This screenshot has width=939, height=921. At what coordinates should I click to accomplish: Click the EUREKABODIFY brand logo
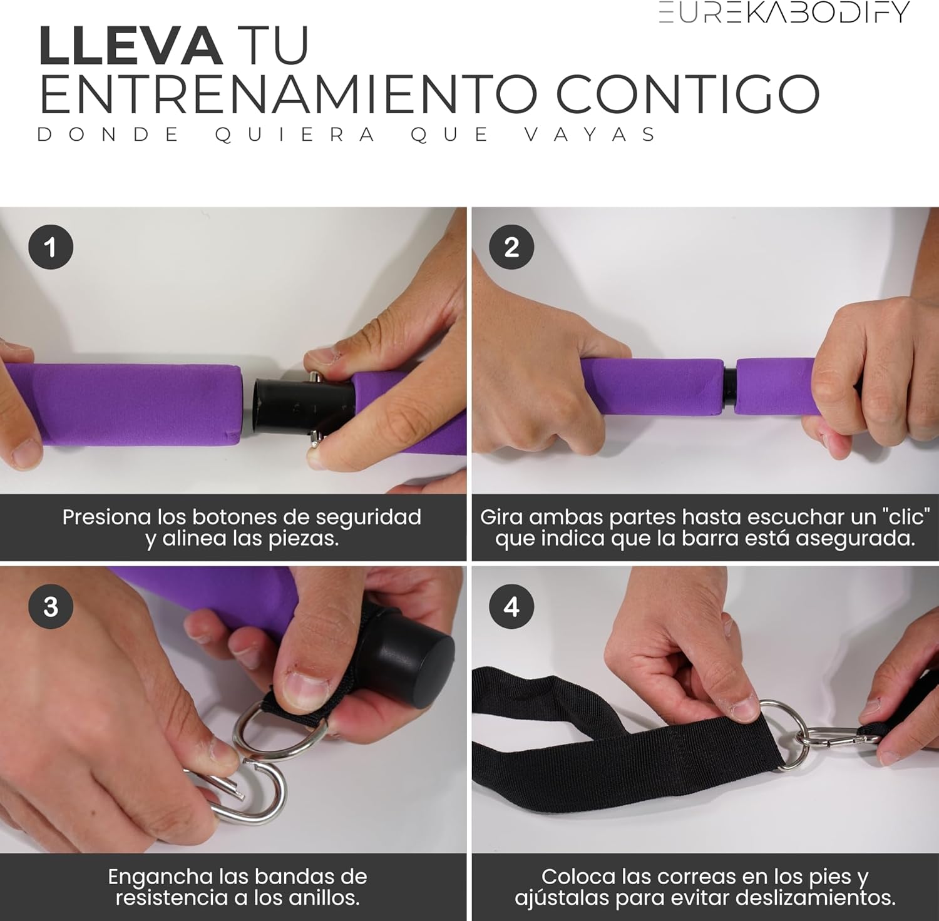point(784,12)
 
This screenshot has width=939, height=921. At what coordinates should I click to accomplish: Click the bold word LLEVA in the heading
point(130,46)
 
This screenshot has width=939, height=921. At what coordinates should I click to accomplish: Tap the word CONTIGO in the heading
point(687,94)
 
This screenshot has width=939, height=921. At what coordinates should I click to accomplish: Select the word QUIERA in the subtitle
point(294,135)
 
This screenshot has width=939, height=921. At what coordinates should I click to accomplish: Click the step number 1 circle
point(51,247)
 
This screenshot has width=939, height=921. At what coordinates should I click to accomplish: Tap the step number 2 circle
point(511,247)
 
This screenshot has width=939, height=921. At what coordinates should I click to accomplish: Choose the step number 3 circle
point(51,606)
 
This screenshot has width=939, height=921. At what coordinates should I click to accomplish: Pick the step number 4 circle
point(511,606)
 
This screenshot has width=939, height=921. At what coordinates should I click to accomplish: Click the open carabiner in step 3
point(244,792)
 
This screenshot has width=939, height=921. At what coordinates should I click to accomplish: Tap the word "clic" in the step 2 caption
point(905,517)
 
